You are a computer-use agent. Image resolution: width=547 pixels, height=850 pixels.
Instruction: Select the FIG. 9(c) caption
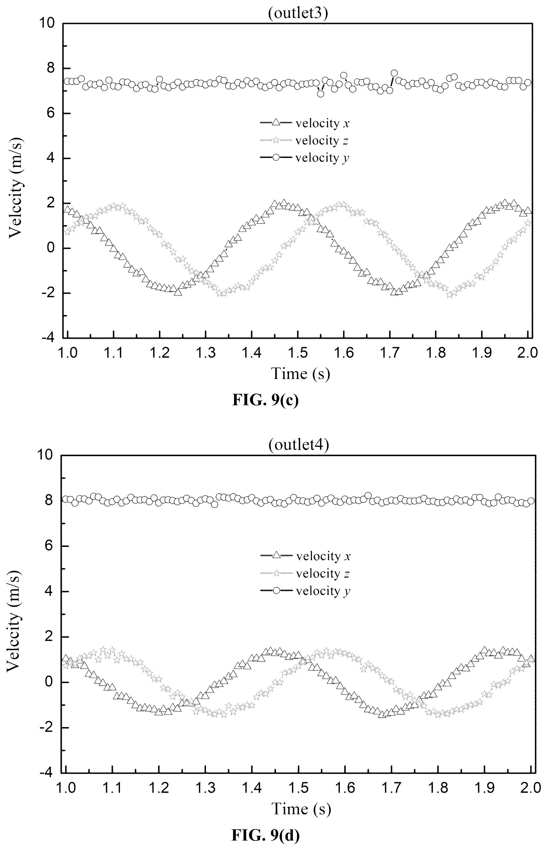(265, 400)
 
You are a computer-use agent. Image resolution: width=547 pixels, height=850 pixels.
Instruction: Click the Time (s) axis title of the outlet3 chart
(301, 373)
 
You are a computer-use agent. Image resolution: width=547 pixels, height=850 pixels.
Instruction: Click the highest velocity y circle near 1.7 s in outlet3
(394, 74)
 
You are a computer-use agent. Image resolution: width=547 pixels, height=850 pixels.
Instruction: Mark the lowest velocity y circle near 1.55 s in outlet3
(320, 94)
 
